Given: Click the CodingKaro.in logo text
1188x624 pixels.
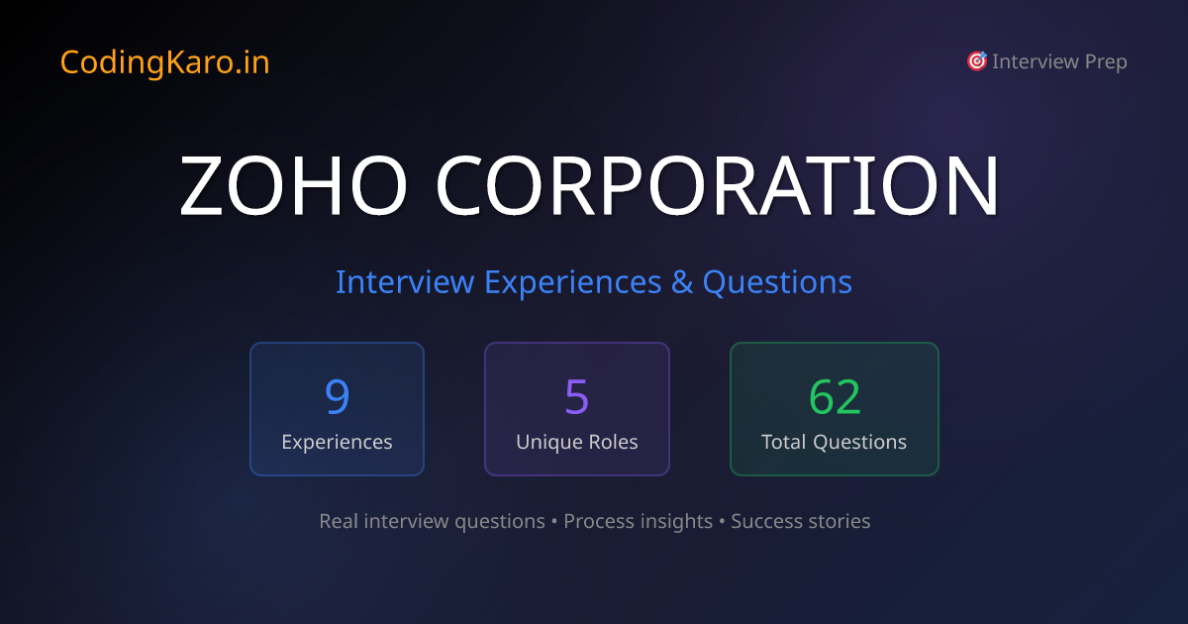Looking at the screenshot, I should (164, 62).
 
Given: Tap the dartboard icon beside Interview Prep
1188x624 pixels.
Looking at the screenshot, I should (976, 61).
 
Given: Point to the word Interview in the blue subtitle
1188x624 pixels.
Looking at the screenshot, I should (404, 282).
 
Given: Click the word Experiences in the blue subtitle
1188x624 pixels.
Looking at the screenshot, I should (571, 282).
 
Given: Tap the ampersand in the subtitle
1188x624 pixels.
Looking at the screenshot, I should (681, 282).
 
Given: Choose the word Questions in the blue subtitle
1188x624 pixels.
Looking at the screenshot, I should (777, 282).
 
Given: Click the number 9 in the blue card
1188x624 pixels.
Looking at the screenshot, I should (337, 396).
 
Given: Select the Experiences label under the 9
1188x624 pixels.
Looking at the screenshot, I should (337, 442).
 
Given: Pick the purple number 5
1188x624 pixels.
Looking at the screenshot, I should (576, 396).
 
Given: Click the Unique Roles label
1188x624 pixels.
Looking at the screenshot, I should (576, 442).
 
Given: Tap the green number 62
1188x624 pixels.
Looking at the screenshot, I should (835, 396).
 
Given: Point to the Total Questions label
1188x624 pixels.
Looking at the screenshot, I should (834, 442).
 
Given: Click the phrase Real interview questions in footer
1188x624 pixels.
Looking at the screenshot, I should (432, 521).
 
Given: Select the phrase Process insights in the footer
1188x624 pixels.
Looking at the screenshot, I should (638, 521).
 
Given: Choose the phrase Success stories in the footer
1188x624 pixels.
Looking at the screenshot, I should (800, 521).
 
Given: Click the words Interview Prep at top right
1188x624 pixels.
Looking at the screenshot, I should (1059, 61).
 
